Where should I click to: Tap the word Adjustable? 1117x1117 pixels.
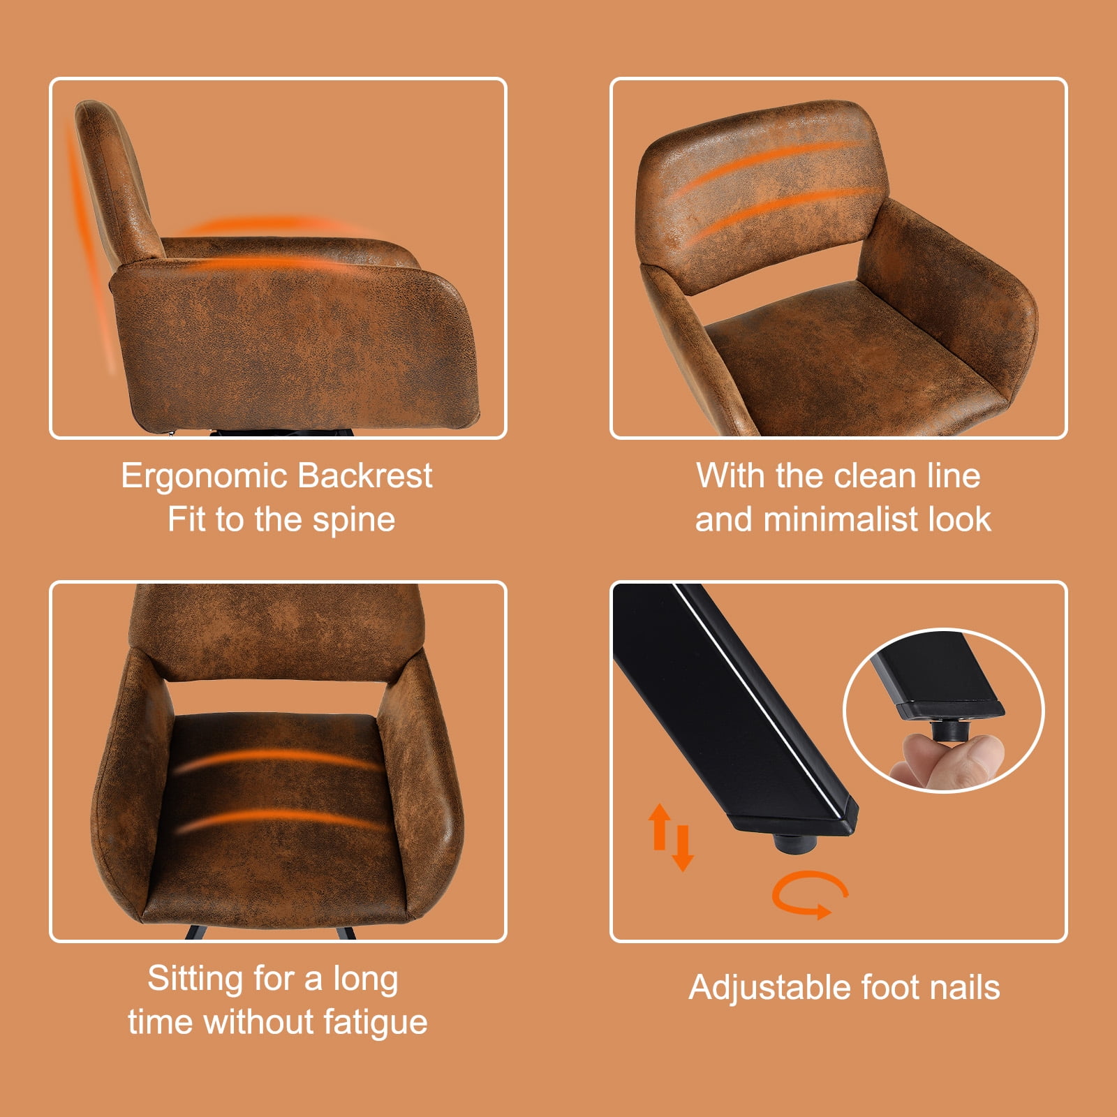click(771, 989)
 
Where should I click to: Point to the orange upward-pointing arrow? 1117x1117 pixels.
click(659, 827)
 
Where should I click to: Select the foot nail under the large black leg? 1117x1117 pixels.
click(795, 843)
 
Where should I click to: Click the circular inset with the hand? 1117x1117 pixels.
click(944, 711)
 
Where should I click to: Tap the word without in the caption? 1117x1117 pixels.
click(259, 1022)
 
